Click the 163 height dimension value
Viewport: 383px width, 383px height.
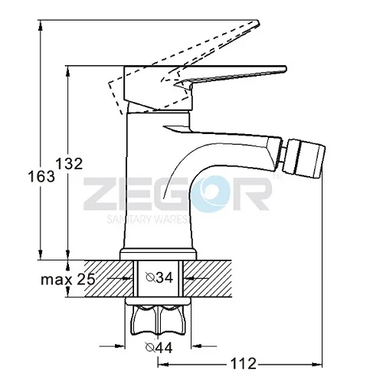tap(41, 176)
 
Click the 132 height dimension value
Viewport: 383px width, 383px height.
tap(69, 164)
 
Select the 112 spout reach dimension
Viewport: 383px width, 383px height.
tap(243, 363)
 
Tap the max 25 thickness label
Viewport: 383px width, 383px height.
tap(68, 279)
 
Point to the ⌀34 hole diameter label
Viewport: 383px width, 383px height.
tap(159, 277)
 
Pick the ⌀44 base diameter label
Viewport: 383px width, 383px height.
tap(159, 347)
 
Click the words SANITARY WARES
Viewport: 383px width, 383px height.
tap(147, 219)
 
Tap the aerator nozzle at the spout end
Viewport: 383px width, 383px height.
tap(305, 159)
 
